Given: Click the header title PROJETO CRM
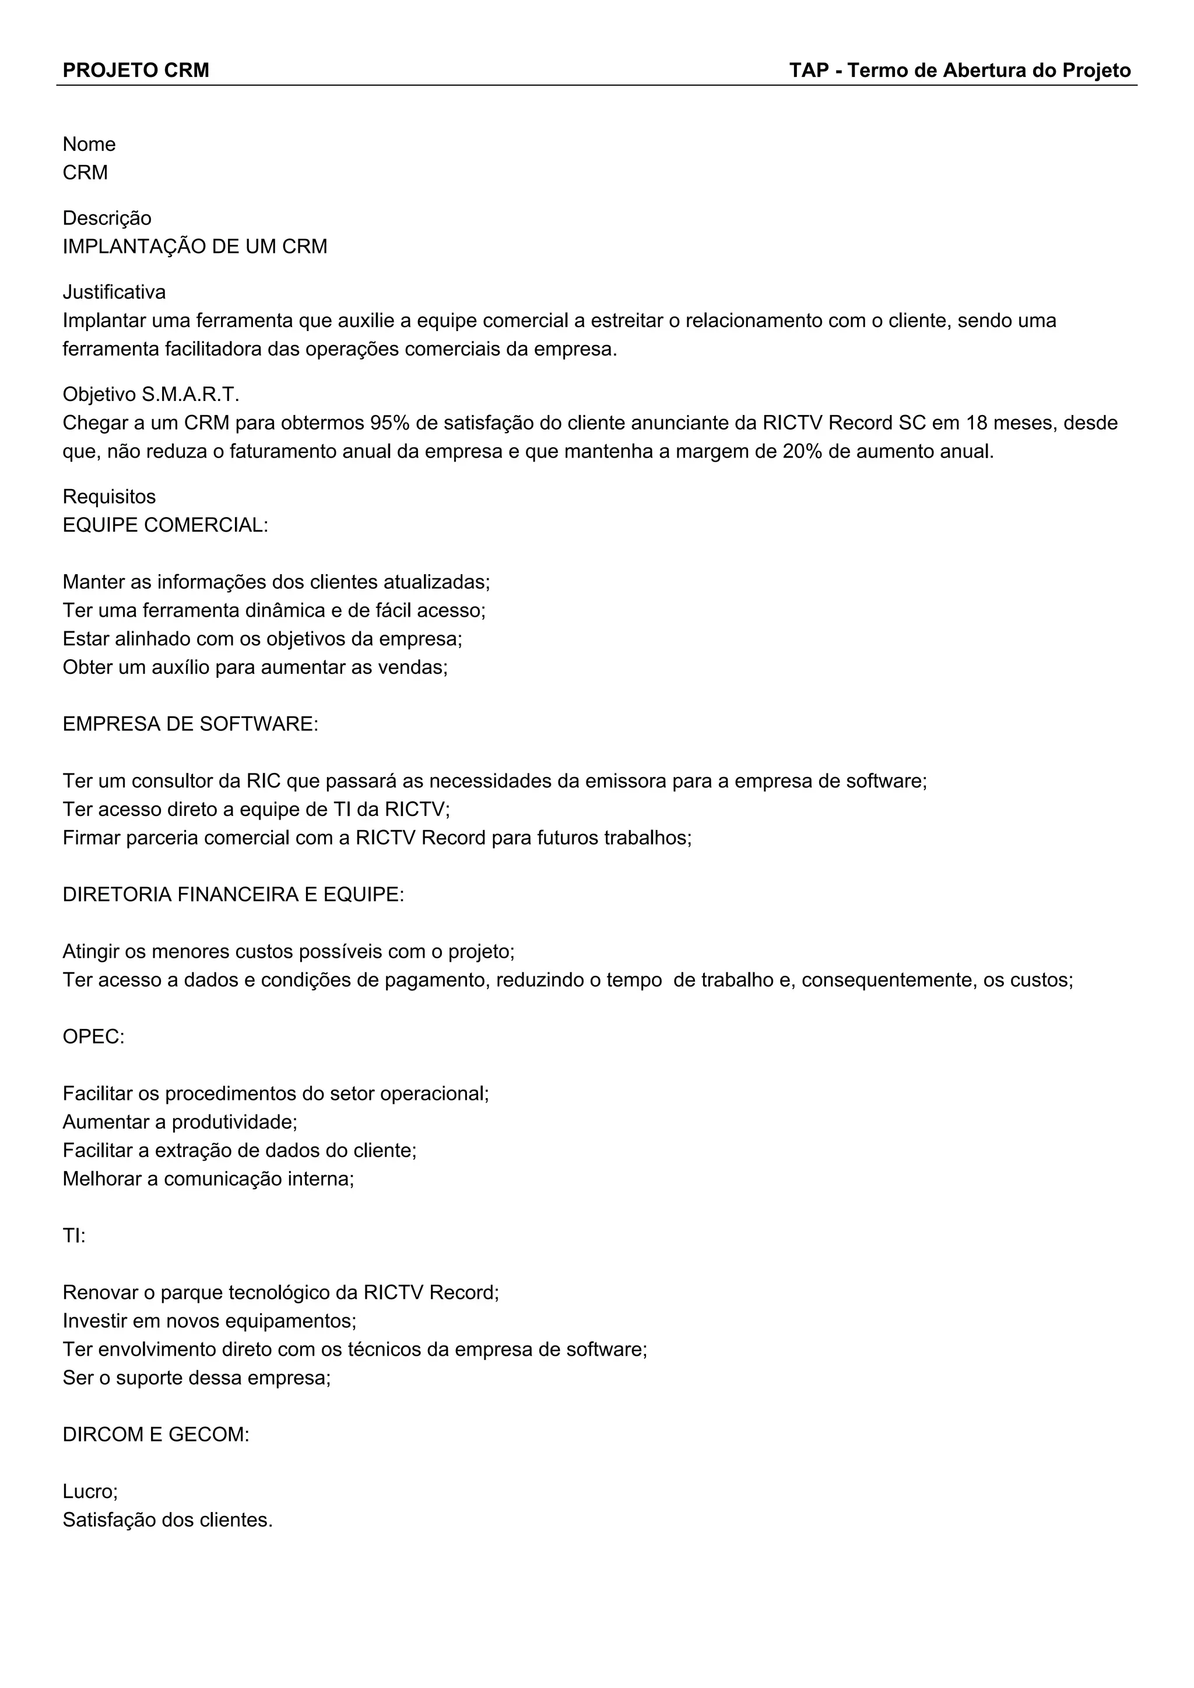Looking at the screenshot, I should click(136, 71).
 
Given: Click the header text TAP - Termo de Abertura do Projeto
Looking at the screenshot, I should click(960, 71).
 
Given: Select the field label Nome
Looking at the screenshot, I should click(89, 144).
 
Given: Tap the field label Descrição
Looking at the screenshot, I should click(107, 219).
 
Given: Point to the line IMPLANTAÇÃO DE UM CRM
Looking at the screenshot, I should click(195, 247).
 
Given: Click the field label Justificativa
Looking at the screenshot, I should click(114, 293).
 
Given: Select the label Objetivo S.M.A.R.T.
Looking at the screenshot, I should click(151, 395).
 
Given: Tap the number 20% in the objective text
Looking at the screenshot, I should click(802, 451).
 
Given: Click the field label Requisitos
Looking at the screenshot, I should click(109, 497).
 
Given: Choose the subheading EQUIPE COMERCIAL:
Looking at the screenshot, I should click(166, 526).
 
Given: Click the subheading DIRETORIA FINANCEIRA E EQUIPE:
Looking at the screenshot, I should click(233, 895).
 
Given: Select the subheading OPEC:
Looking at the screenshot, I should click(93, 1036).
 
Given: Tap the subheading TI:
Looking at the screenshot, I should click(73, 1236).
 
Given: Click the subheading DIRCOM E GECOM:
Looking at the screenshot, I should click(156, 1434).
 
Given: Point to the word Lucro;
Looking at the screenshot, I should click(90, 1491).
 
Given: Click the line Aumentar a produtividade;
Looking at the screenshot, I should click(180, 1122).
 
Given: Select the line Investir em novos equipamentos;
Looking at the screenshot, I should click(209, 1321).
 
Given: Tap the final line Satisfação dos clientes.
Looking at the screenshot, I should click(168, 1520).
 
